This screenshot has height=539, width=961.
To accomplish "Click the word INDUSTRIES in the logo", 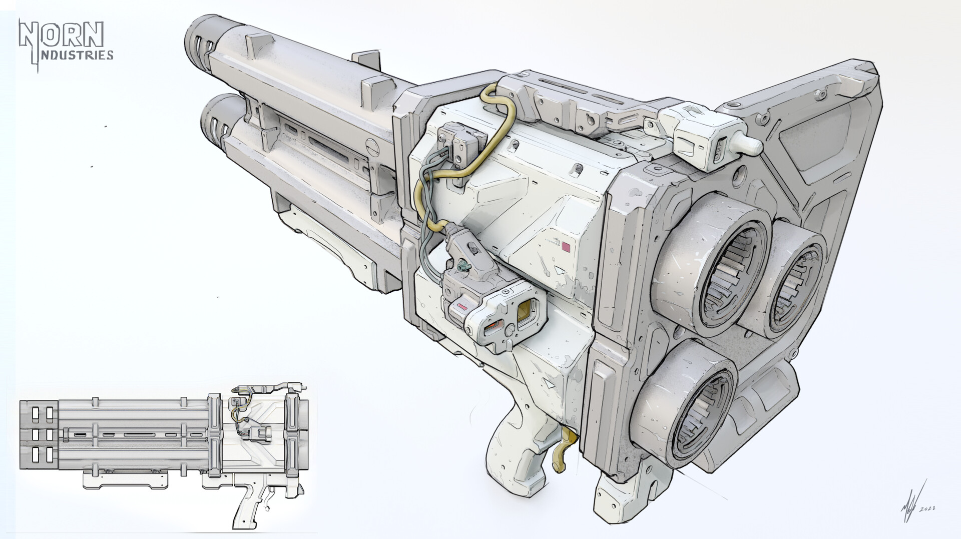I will (76, 55).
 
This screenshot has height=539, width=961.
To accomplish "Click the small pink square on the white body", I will (567, 247).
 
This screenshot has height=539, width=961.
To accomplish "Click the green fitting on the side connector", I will (463, 266).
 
